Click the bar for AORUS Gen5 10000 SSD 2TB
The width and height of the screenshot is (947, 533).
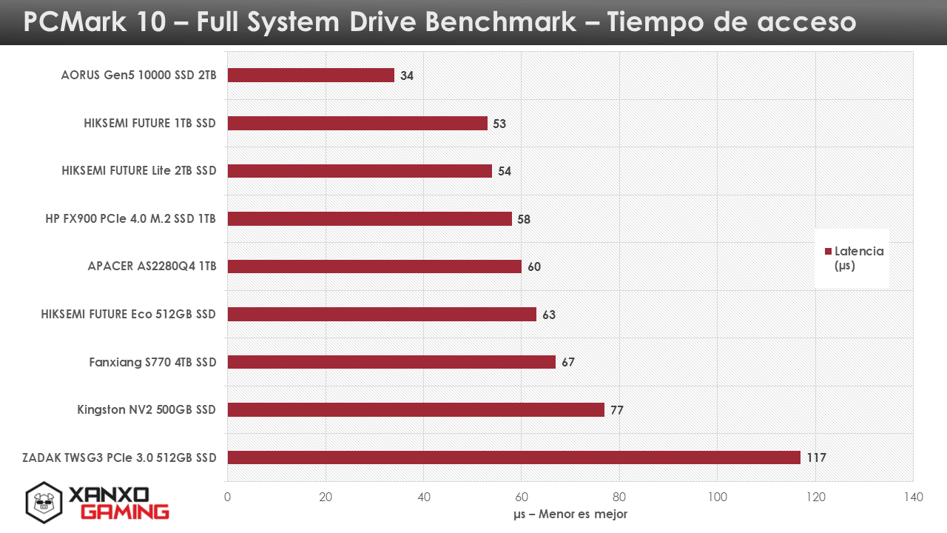(311, 76)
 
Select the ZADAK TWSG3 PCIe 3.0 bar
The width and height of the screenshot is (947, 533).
(513, 457)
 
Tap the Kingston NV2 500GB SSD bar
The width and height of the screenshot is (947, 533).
(416, 409)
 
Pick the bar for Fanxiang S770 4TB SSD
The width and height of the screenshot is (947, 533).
(391, 362)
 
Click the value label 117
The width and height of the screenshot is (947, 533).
(816, 457)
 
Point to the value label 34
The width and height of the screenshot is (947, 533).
(407, 76)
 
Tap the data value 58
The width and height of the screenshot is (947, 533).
(524, 219)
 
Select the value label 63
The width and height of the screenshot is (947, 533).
(549, 315)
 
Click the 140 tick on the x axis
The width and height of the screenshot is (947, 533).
(913, 497)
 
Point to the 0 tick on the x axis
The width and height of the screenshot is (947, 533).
(227, 497)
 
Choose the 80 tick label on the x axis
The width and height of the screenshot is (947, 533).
(619, 497)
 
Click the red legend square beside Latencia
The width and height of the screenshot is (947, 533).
(828, 251)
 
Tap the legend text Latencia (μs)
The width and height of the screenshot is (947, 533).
(859, 258)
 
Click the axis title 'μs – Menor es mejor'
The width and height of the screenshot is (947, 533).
(570, 514)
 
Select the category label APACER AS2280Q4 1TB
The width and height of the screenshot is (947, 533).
(152, 266)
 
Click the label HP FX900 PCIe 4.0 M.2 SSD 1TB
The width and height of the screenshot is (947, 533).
(131, 218)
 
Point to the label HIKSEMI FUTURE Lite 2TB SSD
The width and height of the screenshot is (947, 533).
(139, 170)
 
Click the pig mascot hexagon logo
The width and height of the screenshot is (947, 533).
(44, 503)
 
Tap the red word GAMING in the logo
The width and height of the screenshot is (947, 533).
(125, 512)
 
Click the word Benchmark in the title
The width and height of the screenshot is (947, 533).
(501, 21)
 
